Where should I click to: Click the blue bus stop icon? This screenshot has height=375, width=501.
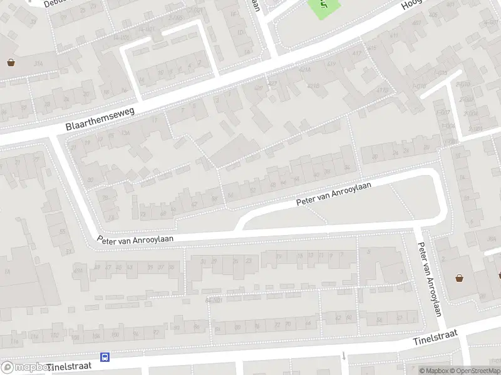[x=105, y=357]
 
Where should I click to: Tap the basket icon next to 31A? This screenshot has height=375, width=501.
[x=11, y=62]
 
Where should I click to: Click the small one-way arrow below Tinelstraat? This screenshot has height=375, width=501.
[x=344, y=356]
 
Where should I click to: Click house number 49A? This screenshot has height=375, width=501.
[x=78, y=269]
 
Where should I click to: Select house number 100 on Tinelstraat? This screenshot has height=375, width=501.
[x=75, y=338]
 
